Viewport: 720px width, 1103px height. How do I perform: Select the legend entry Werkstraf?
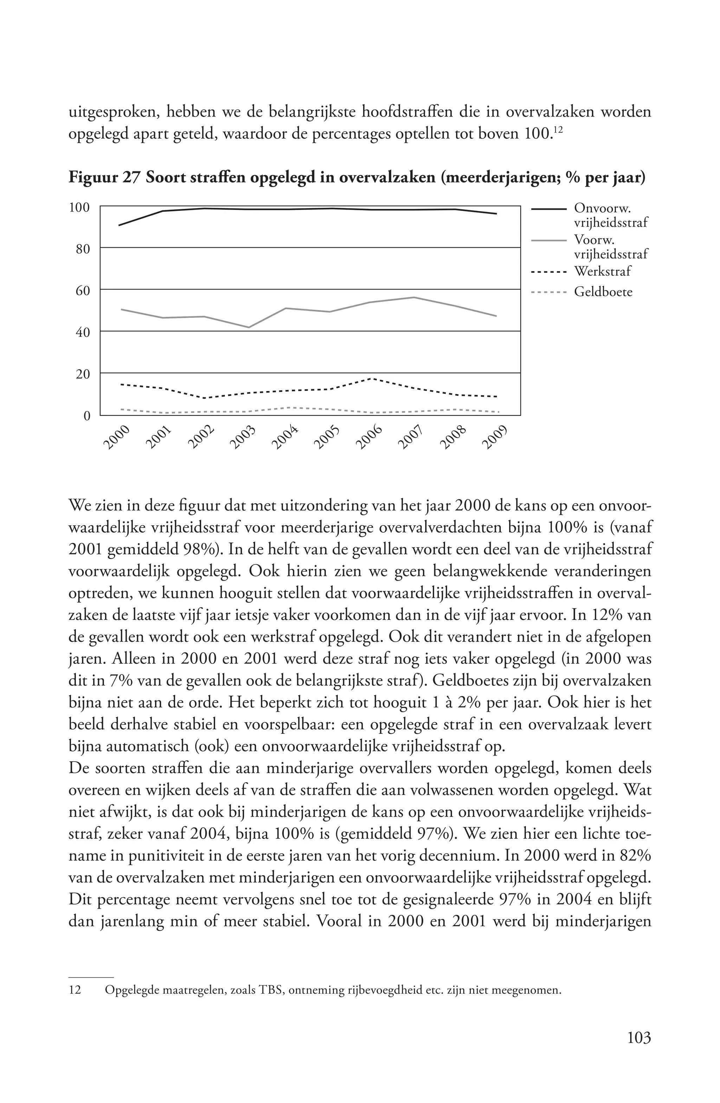(x=602, y=271)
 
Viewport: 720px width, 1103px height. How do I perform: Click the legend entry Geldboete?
(x=603, y=292)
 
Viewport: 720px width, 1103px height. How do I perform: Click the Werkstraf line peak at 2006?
(x=372, y=379)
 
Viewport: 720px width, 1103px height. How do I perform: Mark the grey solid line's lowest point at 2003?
(x=249, y=327)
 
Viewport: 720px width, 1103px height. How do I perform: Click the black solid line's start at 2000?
(x=119, y=225)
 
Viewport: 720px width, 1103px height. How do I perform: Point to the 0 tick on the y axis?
(x=86, y=416)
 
